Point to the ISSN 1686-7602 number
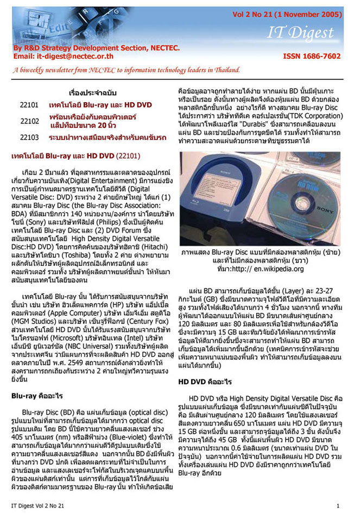tap(312, 56)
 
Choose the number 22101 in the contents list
tap(29, 103)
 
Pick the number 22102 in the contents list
tap(29, 121)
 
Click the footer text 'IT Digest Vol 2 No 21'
tap(37, 506)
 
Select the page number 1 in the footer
tap(338, 506)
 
